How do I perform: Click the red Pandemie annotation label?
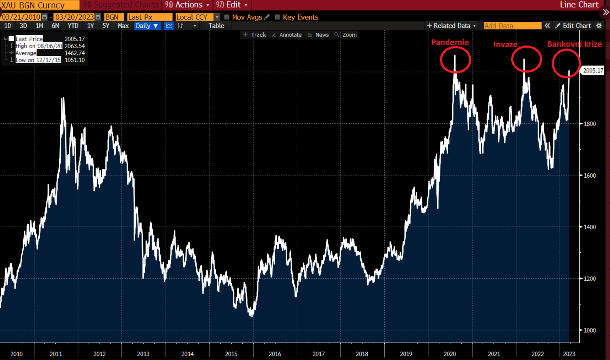point(450,42)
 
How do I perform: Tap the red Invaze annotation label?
point(505,44)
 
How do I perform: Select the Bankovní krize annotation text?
point(574,44)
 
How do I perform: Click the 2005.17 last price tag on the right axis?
point(593,71)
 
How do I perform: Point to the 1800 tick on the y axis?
point(590,124)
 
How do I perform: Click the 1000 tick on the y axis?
point(590,330)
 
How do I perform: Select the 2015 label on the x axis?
point(231,354)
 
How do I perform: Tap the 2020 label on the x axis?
point(450,354)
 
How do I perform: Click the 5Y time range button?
point(106,26)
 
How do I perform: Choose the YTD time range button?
point(73,26)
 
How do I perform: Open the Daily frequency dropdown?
point(146,26)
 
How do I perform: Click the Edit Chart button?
point(573,26)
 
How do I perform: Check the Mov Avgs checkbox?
point(227,17)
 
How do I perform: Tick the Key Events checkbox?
point(277,17)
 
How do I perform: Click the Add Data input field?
point(512,26)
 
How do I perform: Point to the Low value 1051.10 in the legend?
point(74,60)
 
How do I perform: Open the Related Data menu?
point(451,26)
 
